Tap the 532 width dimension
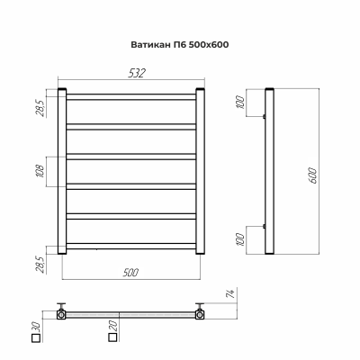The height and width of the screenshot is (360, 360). point(133,74)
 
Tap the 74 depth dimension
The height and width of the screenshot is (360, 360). point(231,294)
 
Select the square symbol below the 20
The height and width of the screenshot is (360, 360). point(113,338)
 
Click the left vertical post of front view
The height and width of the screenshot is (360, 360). point(63,172)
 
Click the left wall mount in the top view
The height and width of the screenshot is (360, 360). point(62,312)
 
